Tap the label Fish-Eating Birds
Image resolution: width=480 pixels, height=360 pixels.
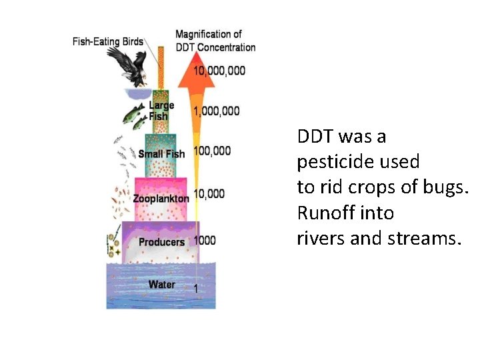tap(108, 41)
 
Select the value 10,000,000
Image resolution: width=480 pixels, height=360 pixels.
tap(219, 71)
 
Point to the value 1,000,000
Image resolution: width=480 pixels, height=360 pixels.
tap(215, 111)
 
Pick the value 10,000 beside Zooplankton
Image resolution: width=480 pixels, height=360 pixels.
tap(209, 194)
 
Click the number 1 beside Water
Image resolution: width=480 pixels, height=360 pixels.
tap(195, 288)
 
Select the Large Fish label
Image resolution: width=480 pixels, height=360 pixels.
tap(160, 111)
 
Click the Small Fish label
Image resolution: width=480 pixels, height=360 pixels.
tap(161, 154)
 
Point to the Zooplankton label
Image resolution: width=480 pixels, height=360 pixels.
tap(161, 199)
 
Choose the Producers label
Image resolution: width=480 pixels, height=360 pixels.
tap(161, 242)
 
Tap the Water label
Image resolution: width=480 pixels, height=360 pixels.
tap(162, 285)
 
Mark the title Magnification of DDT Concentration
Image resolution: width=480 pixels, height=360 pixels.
tap(215, 41)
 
